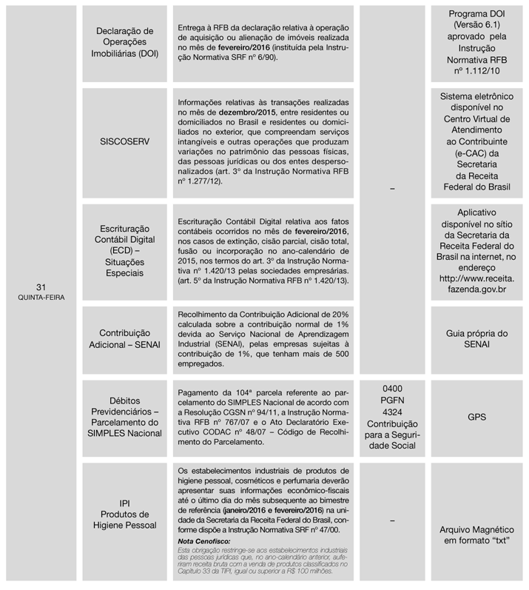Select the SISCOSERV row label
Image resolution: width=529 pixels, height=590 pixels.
click(125, 144)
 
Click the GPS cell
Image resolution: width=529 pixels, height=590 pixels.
click(476, 417)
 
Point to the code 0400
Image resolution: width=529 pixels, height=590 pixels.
click(393, 387)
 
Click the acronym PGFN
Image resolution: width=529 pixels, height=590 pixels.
click(393, 399)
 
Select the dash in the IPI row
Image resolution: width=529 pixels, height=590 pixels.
click(393, 520)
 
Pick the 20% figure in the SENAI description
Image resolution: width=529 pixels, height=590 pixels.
click(346, 314)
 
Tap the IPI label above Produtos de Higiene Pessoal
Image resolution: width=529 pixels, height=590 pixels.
click(125, 502)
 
